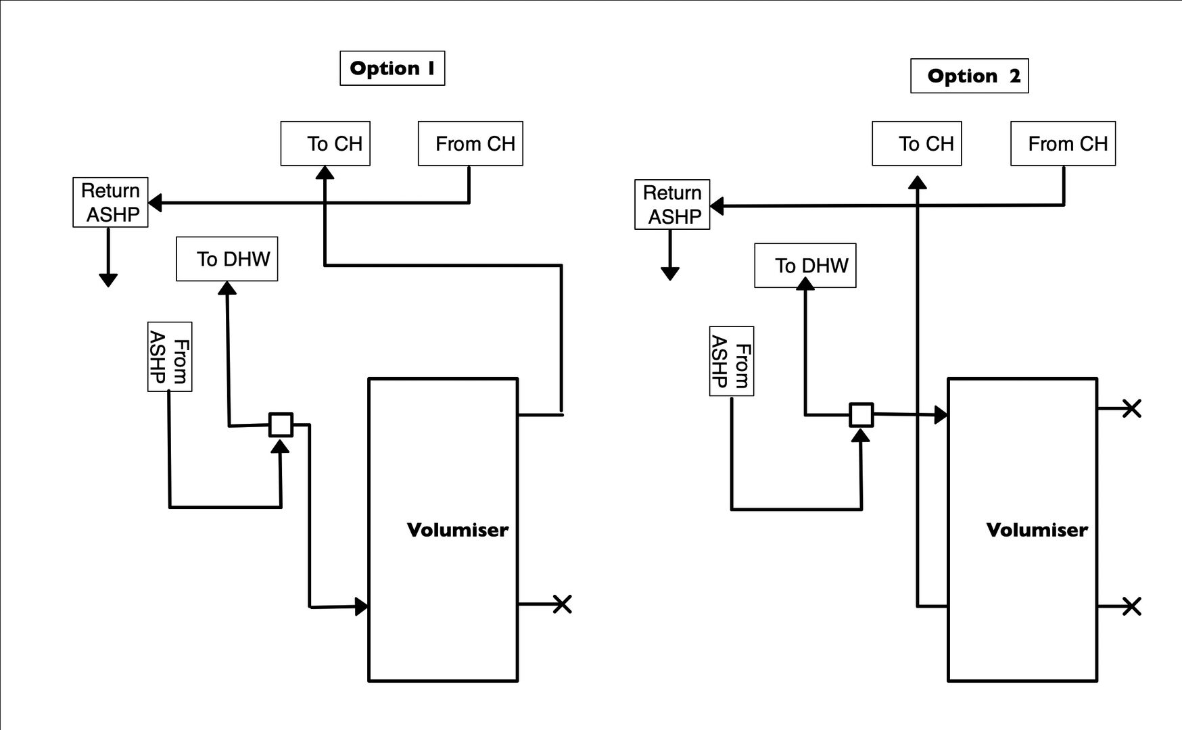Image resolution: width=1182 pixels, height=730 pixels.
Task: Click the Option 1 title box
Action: click(392, 68)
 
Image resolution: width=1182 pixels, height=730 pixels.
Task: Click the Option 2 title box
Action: click(969, 76)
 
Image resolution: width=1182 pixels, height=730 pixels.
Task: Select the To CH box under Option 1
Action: click(325, 143)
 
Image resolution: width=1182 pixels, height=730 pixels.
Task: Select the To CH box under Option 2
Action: click(916, 143)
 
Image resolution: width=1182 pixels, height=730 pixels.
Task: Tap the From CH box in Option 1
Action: click(470, 143)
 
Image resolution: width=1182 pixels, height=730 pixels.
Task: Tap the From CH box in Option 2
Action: click(1062, 143)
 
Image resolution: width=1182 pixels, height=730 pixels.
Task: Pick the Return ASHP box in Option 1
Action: click(110, 203)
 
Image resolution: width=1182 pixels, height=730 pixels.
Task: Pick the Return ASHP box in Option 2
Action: click(672, 205)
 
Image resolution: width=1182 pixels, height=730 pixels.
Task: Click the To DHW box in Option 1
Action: click(227, 259)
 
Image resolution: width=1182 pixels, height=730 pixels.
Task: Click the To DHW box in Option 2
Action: click(805, 266)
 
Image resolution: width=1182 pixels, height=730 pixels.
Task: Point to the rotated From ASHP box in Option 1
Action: click(170, 357)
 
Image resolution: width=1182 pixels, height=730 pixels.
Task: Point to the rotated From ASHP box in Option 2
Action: click(732, 361)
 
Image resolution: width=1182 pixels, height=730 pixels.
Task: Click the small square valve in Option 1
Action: click(281, 424)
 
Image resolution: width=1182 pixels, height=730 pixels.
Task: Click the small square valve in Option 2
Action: click(861, 414)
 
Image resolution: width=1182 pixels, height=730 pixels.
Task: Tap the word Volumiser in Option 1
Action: click(457, 530)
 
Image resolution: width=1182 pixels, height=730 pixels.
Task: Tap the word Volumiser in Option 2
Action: click(1037, 530)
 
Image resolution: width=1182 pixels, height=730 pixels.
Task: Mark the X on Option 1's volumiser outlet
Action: click(562, 604)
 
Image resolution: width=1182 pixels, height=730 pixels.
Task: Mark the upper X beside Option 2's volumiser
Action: click(1131, 408)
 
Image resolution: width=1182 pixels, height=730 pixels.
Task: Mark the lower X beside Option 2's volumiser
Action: click(1131, 606)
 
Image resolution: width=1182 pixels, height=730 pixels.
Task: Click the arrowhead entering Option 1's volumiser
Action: click(362, 606)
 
